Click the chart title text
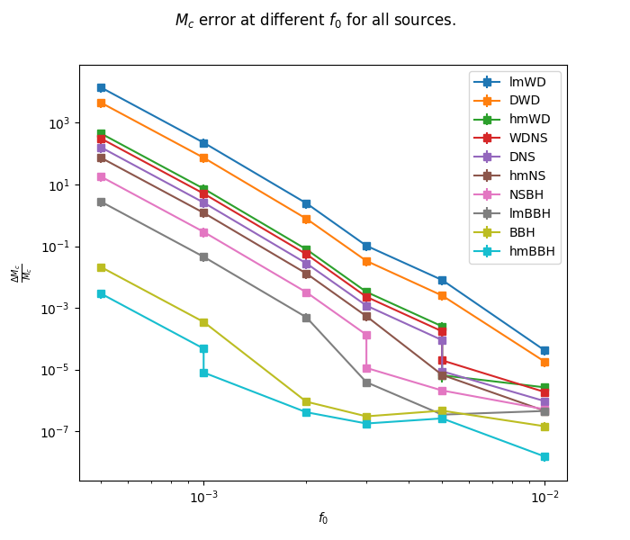[x=315, y=20]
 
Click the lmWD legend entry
[x=527, y=82]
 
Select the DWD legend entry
[x=526, y=101]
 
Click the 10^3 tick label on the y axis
[x=59, y=123]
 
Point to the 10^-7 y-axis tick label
[x=58, y=432]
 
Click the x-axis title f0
[x=323, y=518]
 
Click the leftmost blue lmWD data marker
[x=101, y=87]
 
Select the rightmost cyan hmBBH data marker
[x=544, y=456]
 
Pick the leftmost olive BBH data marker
[x=101, y=267]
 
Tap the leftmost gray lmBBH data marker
[x=101, y=202]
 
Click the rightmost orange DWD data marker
[x=544, y=362]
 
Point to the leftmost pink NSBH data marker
[x=101, y=176]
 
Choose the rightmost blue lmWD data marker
[x=544, y=350]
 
